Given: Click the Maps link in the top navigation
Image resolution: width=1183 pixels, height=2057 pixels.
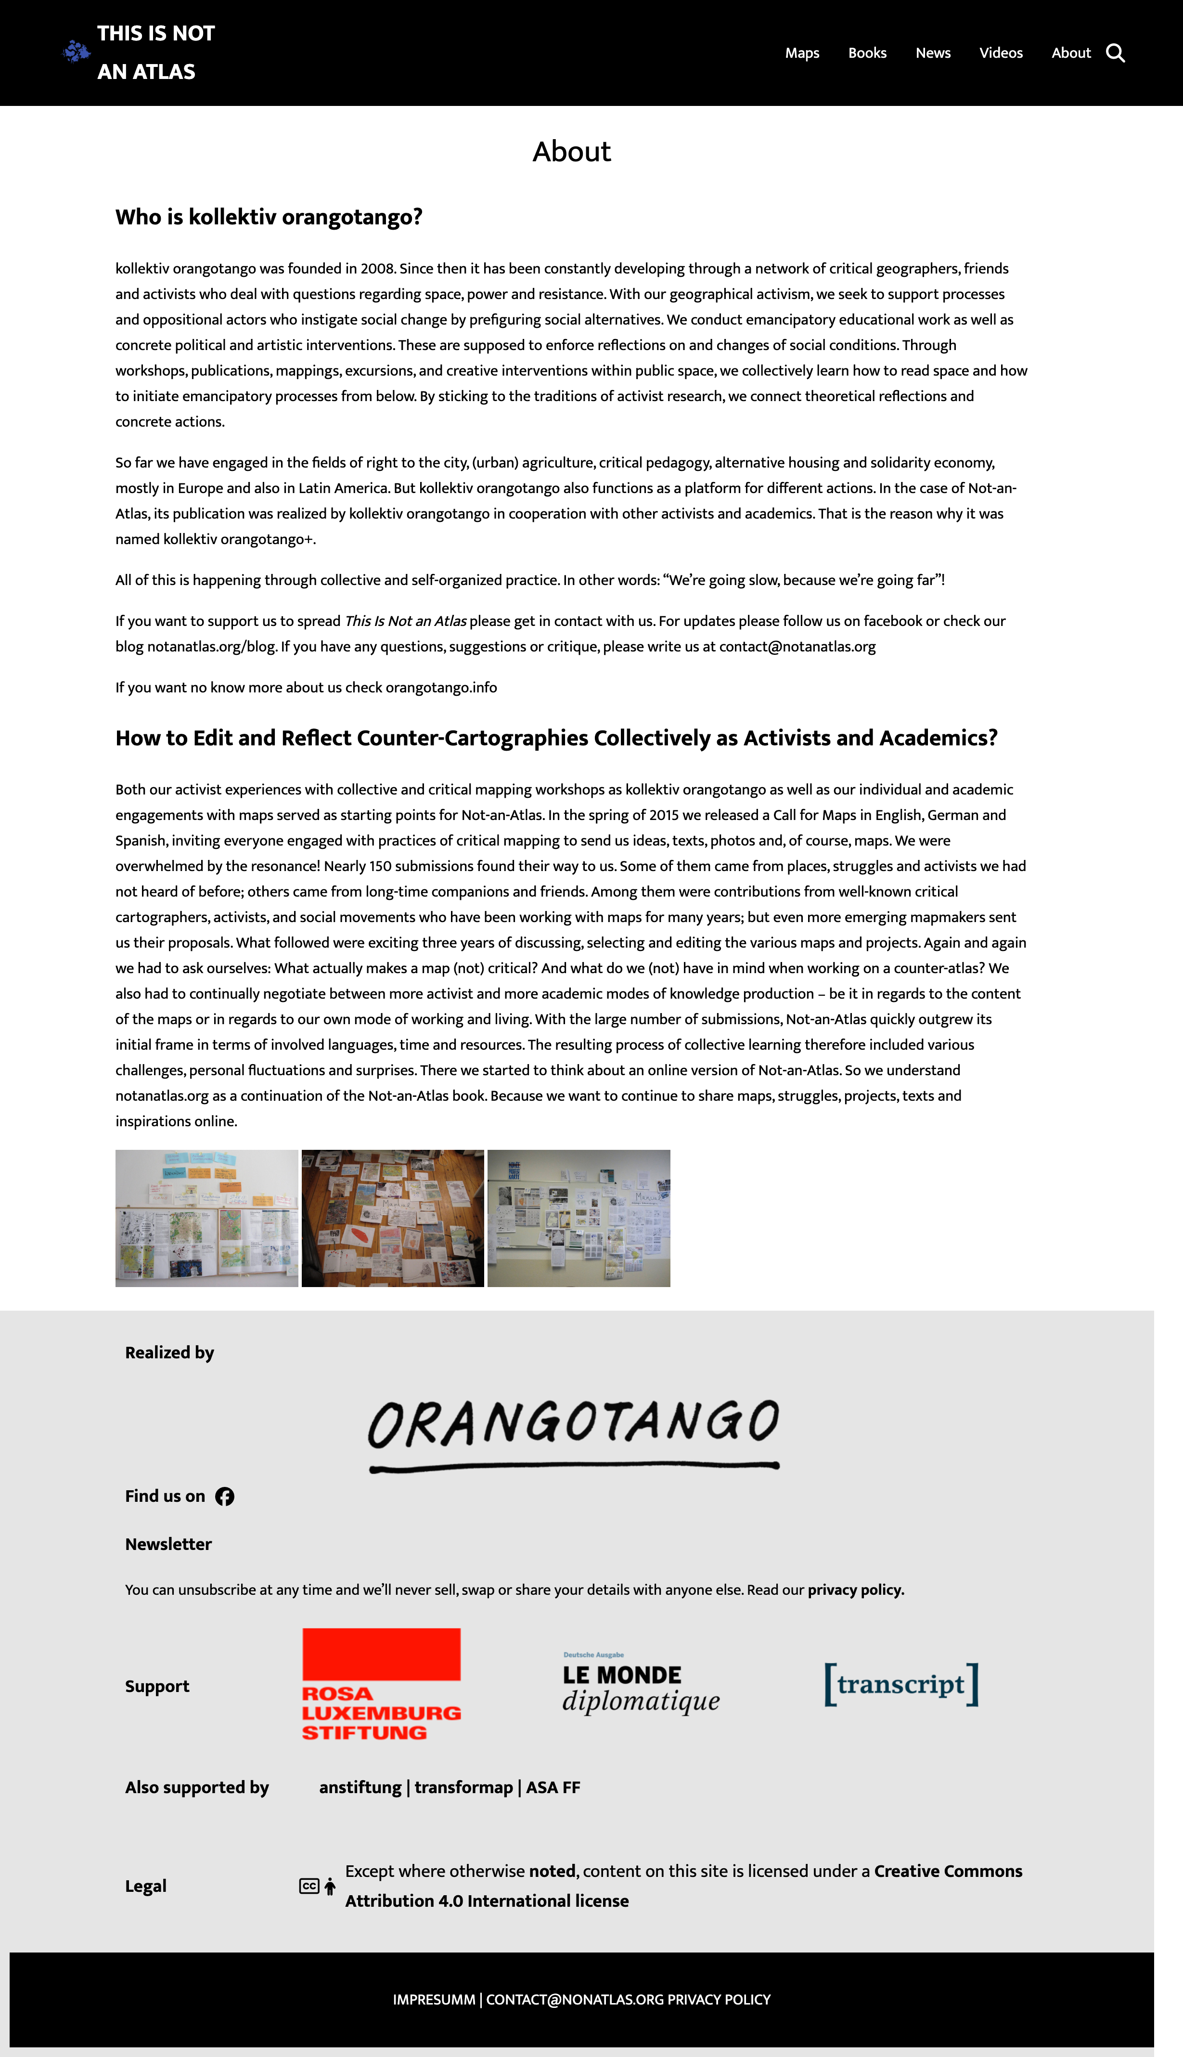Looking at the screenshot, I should point(802,53).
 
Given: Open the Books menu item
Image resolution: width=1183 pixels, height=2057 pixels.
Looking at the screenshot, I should point(867,53).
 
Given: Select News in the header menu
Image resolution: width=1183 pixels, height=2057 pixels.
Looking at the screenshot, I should point(933,53).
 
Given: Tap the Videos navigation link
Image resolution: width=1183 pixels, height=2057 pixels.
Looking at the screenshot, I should point(1000,53).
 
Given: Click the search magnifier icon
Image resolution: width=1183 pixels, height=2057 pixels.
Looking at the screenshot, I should point(1116,53).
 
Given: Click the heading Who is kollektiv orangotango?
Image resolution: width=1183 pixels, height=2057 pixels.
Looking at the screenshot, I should point(269,217).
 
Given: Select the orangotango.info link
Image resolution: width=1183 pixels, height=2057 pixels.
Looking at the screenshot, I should point(441,688).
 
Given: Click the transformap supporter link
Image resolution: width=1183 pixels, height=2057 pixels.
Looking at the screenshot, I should point(463,1787).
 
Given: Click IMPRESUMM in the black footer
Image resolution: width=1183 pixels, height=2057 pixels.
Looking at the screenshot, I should point(434,1999).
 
